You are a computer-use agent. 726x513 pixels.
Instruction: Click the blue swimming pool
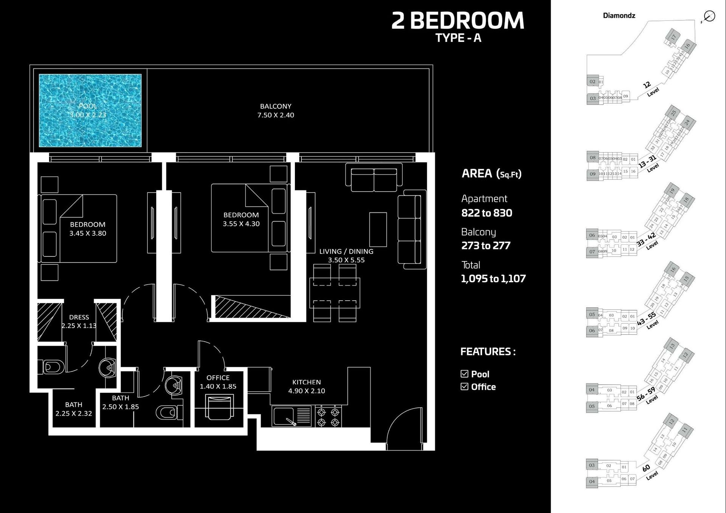90,110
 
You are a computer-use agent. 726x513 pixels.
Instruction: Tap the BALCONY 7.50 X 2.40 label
276,111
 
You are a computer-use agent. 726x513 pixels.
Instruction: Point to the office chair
219,407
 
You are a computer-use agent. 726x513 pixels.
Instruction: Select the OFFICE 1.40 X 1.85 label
218,382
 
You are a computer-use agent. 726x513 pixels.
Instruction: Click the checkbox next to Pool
464,374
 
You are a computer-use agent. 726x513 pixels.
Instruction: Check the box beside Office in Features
464,386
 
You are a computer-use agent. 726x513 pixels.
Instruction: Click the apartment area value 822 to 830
487,213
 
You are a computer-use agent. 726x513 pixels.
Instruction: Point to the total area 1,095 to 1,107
493,279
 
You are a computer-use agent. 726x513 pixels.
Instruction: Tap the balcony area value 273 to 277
486,246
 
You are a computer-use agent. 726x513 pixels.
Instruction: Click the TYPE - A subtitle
458,38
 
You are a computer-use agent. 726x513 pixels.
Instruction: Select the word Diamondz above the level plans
619,15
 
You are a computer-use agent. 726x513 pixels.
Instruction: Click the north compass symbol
709,16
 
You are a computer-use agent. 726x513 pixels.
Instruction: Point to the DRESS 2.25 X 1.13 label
79,321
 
